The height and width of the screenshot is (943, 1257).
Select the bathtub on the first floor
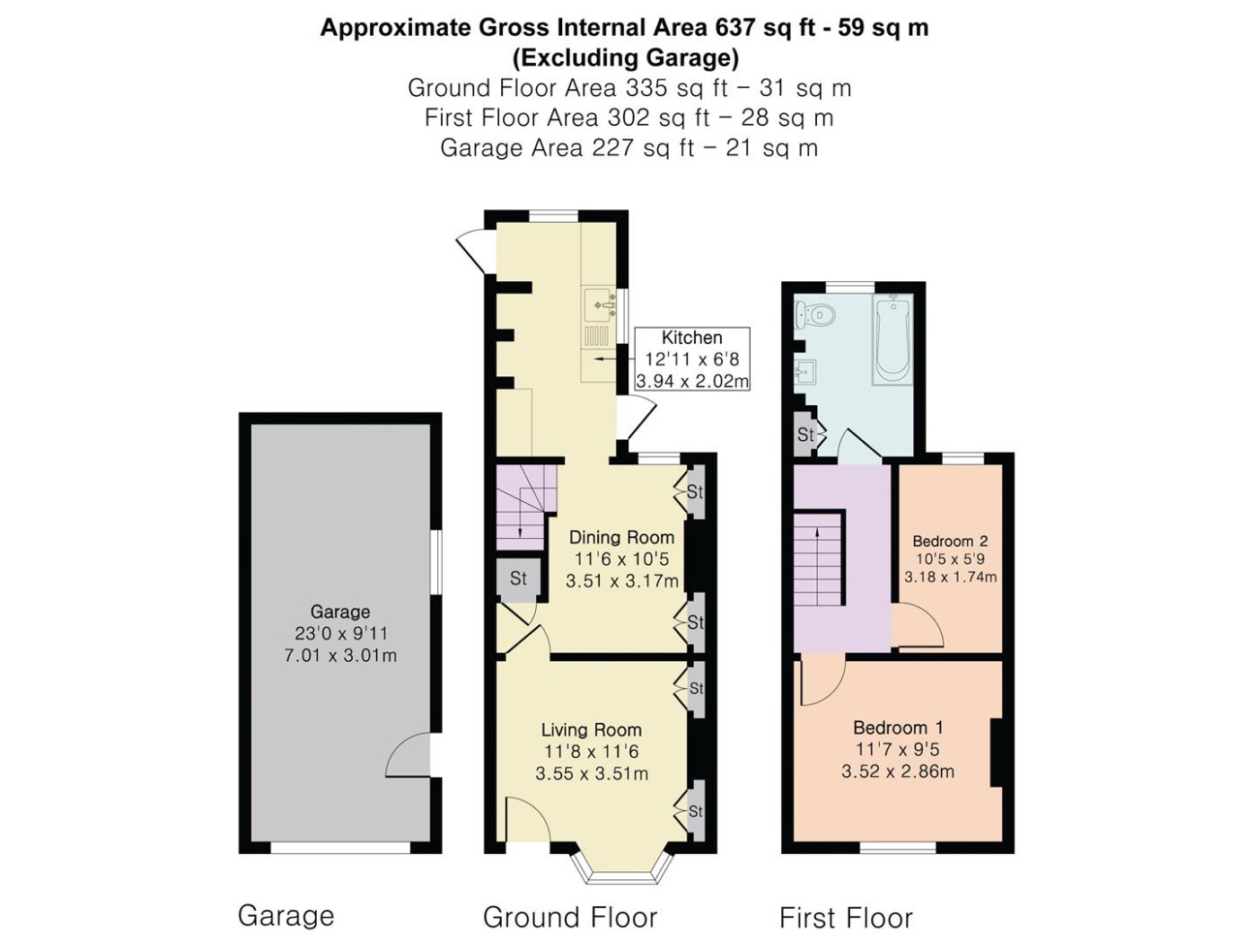[892, 339]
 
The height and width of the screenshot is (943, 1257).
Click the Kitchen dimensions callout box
[691, 359]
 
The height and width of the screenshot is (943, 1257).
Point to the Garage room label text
[340, 613]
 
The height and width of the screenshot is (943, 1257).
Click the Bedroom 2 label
[950, 541]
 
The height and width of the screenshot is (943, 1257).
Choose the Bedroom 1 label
[898, 727]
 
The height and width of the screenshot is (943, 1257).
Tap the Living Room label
[592, 730]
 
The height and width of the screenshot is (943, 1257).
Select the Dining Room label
[622, 538]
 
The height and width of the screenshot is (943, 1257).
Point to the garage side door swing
[408, 757]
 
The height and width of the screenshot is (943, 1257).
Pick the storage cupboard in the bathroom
[806, 436]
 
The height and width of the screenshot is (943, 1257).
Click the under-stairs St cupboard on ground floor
[518, 578]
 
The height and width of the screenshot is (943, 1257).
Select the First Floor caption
[846, 919]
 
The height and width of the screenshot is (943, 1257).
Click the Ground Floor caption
[570, 918]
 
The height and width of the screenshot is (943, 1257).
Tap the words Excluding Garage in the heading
[625, 58]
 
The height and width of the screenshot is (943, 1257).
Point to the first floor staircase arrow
[817, 566]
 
